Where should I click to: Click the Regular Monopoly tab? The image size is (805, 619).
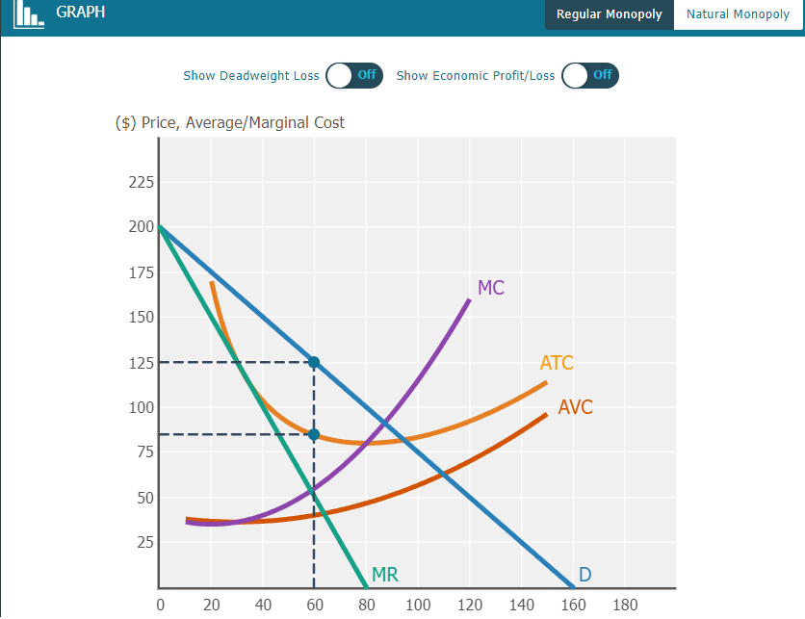coord(609,14)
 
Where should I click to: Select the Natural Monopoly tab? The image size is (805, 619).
coord(738,14)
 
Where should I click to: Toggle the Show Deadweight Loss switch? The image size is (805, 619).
coord(353,75)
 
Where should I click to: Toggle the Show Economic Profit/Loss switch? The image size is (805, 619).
coord(589,75)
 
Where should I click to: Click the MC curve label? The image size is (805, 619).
coord(490,288)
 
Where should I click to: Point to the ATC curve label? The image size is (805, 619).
coord(557,363)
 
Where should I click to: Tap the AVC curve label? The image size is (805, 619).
coord(575,407)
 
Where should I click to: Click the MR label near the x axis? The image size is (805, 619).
coord(384,576)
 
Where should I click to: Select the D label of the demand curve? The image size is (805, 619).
coord(584,576)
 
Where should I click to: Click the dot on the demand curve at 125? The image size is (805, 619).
coord(313,362)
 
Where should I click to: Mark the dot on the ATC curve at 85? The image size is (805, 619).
coord(313,434)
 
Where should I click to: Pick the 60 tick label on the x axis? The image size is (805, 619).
coord(314,605)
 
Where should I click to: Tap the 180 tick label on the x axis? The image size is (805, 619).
coord(625,605)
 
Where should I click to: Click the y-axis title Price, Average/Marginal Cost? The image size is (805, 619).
coord(229,123)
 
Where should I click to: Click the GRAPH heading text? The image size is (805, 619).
coord(81,13)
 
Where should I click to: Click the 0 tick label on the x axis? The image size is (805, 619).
coord(160,605)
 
